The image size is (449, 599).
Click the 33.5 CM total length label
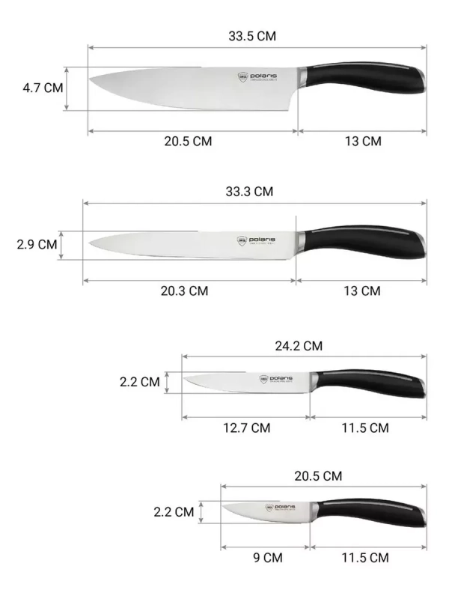point(257,36)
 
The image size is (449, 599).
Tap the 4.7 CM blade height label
point(43,88)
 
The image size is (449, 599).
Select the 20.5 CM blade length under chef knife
point(188,142)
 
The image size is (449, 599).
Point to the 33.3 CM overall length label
point(249,192)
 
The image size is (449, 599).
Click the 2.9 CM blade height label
point(37,244)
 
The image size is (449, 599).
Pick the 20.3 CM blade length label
point(184,291)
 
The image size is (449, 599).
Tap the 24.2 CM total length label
point(298,346)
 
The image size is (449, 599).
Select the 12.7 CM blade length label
point(246,428)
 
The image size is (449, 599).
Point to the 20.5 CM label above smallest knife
point(318,475)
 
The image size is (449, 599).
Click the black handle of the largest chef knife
point(367,79)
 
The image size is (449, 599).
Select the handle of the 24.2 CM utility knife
point(370,382)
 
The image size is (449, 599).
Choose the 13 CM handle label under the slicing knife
point(361,291)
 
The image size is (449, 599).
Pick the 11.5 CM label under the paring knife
point(364,557)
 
